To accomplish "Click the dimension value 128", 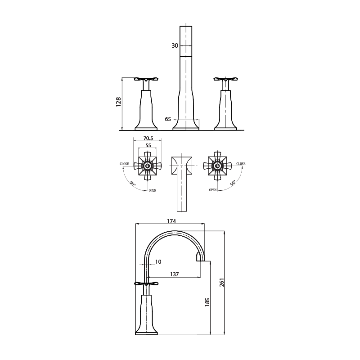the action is pos(118,102).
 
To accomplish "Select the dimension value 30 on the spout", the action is pos(175,46).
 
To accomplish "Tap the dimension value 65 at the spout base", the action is pos(168,119).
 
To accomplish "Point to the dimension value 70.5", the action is pos(148,138).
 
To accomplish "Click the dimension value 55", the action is pos(148,145).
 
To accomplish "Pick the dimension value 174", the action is pos(171,221).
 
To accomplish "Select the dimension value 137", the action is pos(174,274).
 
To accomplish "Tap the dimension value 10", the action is pos(158,262).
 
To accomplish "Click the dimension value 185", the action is pos(207,302).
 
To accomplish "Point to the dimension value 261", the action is pos(221,283).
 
